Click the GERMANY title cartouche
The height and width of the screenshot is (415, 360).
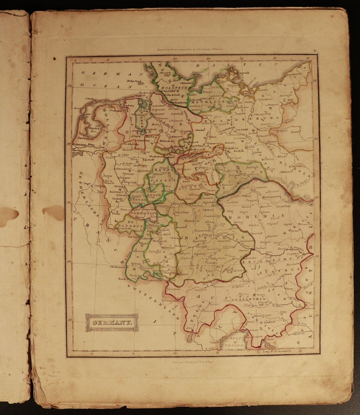pos(112,322)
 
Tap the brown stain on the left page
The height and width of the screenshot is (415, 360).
pos(8,215)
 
